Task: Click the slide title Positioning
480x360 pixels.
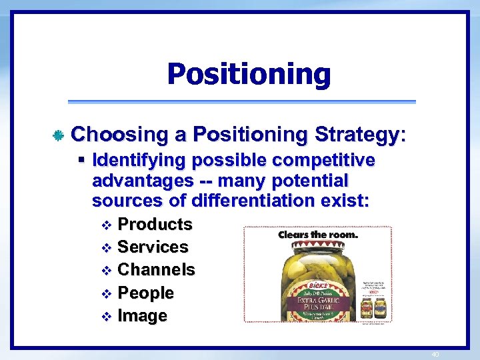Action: coord(248,74)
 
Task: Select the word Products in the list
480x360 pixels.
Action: coord(155,224)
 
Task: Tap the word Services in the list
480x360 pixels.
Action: coord(153,247)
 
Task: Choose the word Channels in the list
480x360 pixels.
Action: coord(156,270)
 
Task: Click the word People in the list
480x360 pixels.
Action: coord(145,293)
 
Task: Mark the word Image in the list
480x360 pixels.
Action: coord(142,315)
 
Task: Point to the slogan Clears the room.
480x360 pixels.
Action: coord(318,235)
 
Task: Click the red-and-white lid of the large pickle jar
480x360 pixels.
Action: coord(318,245)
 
